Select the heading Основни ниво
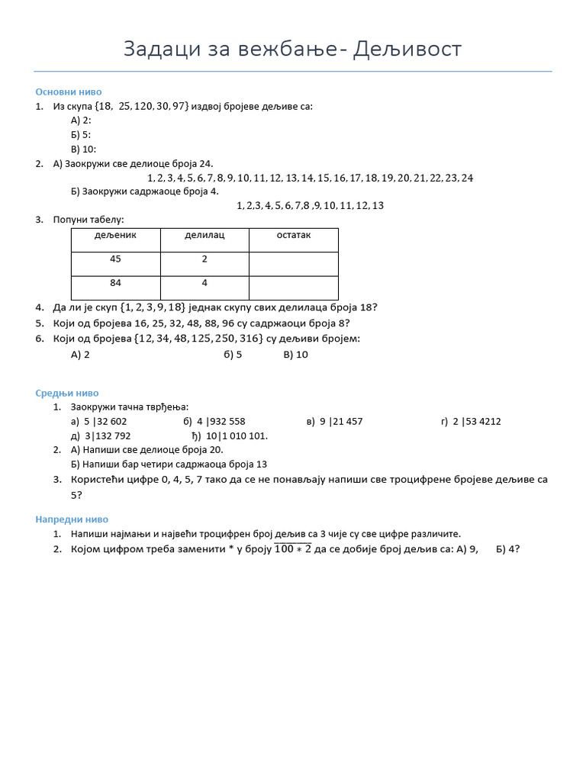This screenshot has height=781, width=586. coord(68,92)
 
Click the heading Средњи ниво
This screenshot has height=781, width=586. coord(66,393)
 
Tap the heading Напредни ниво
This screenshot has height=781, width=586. coord(71,519)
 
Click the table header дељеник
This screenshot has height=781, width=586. coord(115,236)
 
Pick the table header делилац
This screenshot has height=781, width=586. coord(204,236)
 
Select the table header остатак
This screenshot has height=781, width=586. coord(293,236)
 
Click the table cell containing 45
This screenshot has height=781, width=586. coord(115,259)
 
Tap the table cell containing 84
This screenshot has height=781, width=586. coord(115,283)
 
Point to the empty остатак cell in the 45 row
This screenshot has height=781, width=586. coord(293,263)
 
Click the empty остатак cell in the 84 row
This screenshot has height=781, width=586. coord(293,288)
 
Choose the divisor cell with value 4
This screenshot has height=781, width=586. coord(204,283)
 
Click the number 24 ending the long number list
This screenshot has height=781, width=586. coord(466,178)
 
